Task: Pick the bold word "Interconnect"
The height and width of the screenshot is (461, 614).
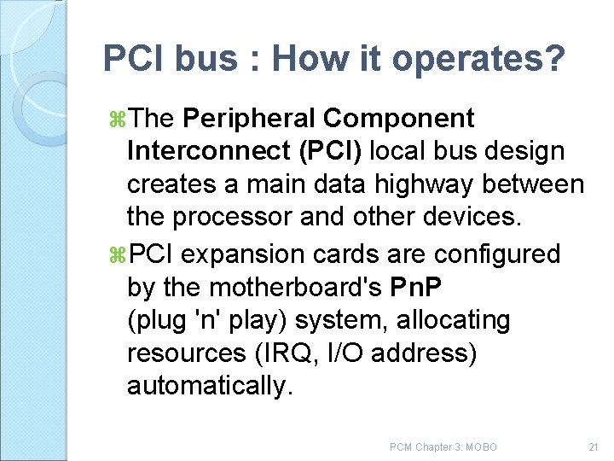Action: (x=208, y=151)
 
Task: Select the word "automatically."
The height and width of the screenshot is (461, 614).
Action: (x=210, y=386)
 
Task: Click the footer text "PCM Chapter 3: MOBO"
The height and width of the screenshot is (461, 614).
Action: (x=443, y=447)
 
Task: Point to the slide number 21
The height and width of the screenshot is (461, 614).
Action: (x=594, y=447)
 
